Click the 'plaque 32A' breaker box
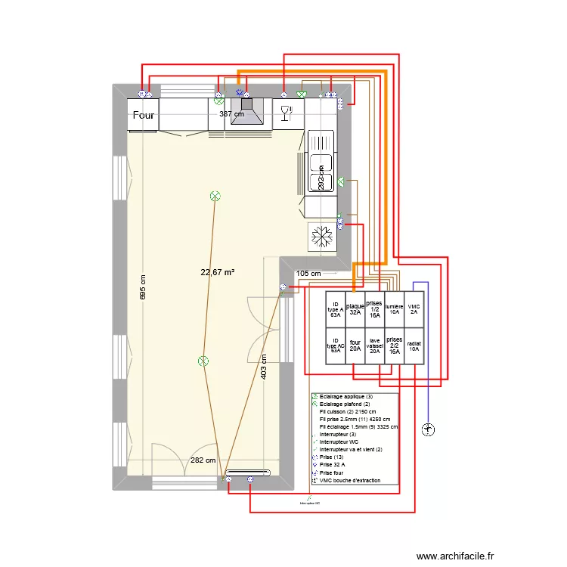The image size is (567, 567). [355, 309]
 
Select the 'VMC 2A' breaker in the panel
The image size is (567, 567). [414, 309]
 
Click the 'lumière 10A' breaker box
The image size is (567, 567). [394, 309]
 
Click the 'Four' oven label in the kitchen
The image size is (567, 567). [144, 115]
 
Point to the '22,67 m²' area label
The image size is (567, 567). [217, 272]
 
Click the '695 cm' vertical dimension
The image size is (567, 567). [142, 287]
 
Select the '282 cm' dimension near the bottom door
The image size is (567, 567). [202, 460]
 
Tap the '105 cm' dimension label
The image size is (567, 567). [308, 273]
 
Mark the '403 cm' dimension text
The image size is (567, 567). [263, 367]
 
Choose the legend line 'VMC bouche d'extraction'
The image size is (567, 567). [352, 481]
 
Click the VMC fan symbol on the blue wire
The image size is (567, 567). [428, 429]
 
